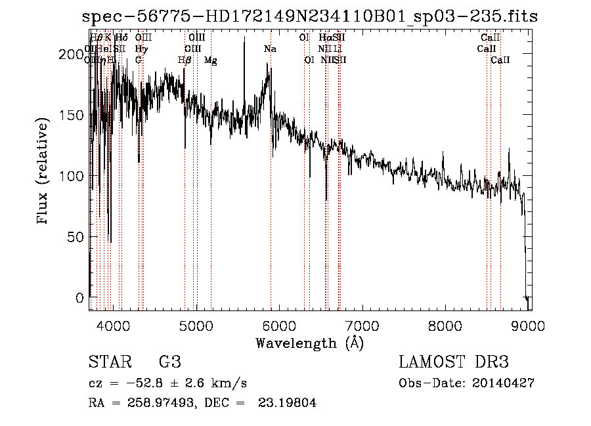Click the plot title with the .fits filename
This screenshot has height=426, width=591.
(x=309, y=16)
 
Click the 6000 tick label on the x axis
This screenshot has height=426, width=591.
(x=280, y=324)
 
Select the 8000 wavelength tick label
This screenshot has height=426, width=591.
(x=446, y=324)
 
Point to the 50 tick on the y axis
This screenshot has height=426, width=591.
(x=76, y=237)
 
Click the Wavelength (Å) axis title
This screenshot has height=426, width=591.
(x=309, y=343)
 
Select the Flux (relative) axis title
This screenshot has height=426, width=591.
(x=44, y=172)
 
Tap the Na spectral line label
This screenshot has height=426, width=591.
(x=270, y=49)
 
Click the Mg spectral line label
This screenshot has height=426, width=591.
(x=211, y=60)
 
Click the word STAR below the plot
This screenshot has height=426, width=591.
(x=109, y=362)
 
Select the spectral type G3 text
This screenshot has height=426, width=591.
(x=170, y=362)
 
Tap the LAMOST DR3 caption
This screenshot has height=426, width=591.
(x=454, y=362)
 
